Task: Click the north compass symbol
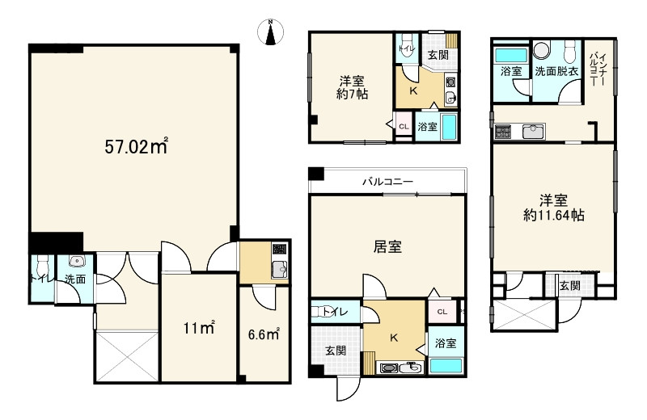[x=270, y=32]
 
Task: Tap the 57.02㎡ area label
[x=136, y=146]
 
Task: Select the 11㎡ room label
[x=199, y=328]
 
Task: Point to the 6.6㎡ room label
[x=264, y=334]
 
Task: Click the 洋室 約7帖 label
[x=352, y=87]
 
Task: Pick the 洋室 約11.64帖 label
[x=554, y=208]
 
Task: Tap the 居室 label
[x=387, y=246]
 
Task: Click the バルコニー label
[x=388, y=182]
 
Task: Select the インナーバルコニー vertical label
[x=598, y=68]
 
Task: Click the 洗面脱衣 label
[x=556, y=71]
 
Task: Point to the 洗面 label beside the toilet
[x=75, y=279]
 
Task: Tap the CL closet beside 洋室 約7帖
[x=404, y=126]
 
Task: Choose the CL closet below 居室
[x=442, y=312]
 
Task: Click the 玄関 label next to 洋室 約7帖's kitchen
[x=438, y=55]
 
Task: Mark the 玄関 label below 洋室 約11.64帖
[x=571, y=285]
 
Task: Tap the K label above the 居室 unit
[x=413, y=91]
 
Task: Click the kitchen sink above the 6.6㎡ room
[x=280, y=270]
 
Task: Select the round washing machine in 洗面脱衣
[x=541, y=50]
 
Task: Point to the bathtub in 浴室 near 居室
[x=446, y=366]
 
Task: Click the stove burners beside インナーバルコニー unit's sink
[x=502, y=131]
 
